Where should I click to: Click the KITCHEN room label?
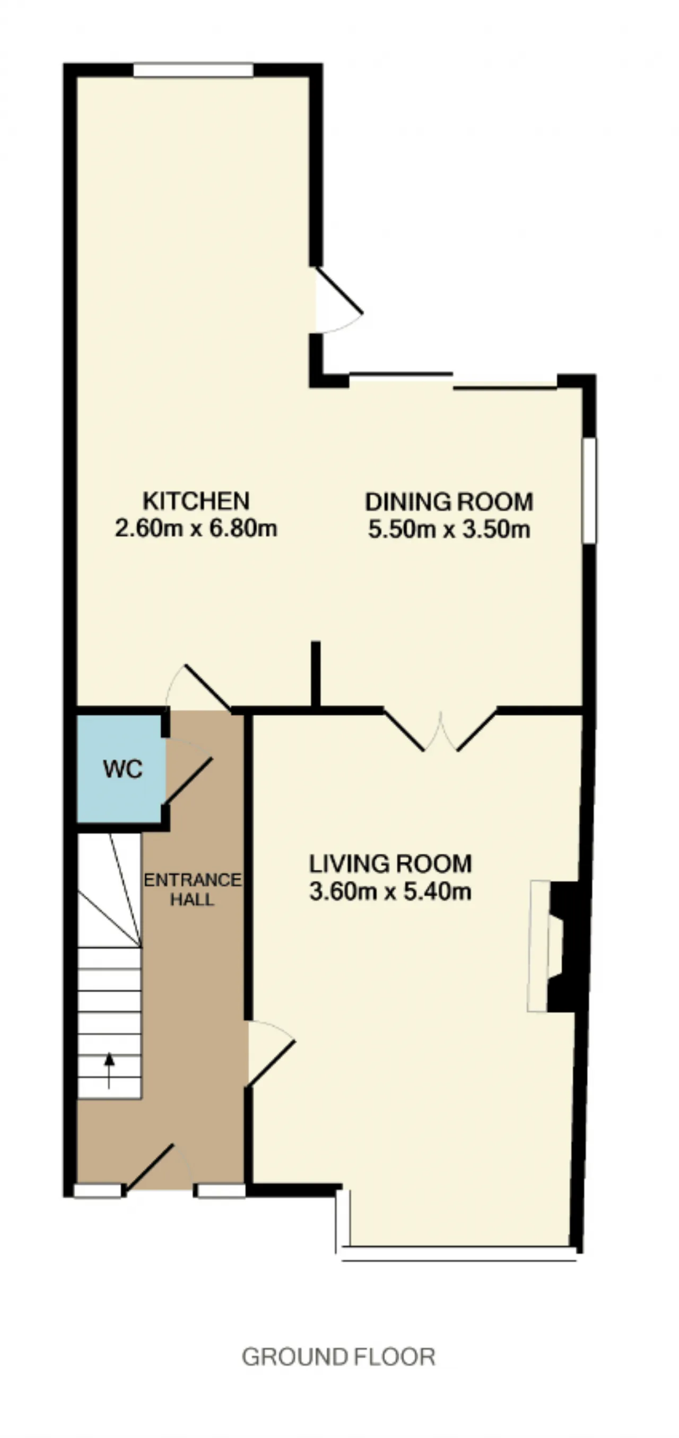tap(196, 501)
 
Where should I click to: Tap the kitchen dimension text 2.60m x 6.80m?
tap(196, 528)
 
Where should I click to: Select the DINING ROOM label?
tap(449, 502)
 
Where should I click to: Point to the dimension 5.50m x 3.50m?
tap(449, 529)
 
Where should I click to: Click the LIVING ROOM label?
tap(390, 863)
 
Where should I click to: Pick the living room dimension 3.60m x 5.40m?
tap(390, 891)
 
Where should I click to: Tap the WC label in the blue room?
tap(123, 769)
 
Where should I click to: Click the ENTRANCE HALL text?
tap(193, 889)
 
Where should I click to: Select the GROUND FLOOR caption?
tap(338, 1357)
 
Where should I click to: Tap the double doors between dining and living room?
tap(440, 729)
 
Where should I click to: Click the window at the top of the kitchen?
tap(193, 70)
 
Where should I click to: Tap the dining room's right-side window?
tap(589, 491)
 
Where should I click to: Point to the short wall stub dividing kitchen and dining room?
tap(315, 675)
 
